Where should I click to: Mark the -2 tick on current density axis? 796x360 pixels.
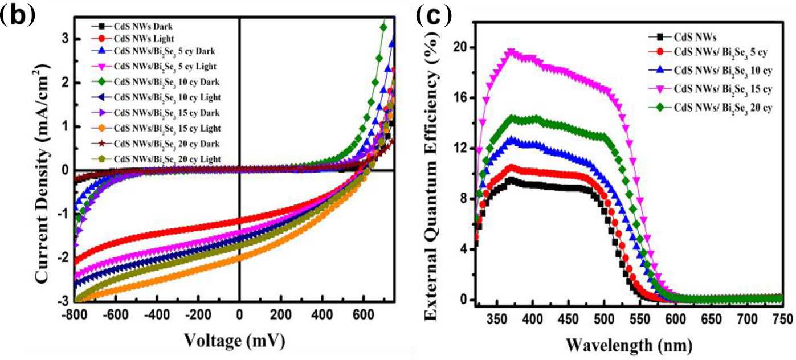point(66,257)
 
